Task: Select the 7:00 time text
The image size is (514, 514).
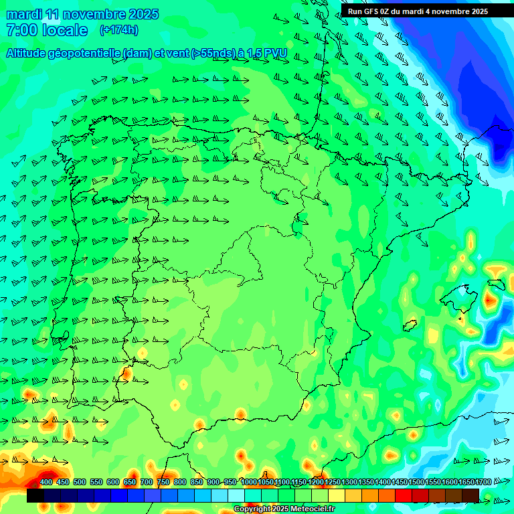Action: coord(21,30)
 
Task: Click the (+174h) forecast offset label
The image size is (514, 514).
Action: coord(118,30)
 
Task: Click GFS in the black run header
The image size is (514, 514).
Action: coord(372,11)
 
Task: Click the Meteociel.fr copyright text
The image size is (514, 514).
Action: coord(309,509)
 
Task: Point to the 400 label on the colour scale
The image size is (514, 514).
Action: coord(46,483)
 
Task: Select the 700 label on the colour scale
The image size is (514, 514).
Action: coord(147,483)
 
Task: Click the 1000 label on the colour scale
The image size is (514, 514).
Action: coord(248,483)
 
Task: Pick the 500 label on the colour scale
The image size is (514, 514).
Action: coord(80,483)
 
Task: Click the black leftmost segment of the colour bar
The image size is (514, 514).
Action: coord(35,496)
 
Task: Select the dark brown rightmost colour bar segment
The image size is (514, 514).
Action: coord(470,496)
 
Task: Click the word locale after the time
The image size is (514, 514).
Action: coord(65,30)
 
